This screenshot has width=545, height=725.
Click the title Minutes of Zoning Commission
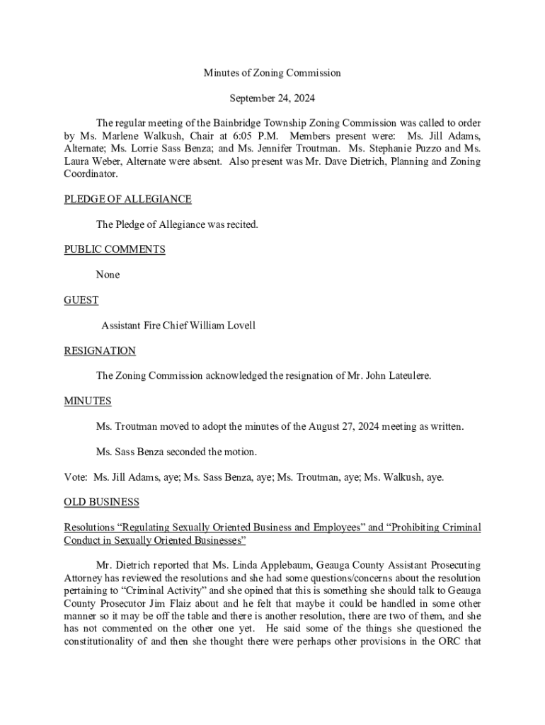(x=272, y=73)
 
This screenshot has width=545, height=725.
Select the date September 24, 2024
(x=272, y=98)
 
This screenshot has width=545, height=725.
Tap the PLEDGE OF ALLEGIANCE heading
(x=127, y=199)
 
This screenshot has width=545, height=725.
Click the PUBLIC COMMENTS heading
(x=115, y=249)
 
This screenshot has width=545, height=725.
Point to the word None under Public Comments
(x=108, y=275)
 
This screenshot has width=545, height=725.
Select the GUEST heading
(x=81, y=300)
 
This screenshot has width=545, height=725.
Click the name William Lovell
(x=220, y=326)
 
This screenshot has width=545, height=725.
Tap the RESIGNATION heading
(x=100, y=350)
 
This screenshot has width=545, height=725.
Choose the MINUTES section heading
(x=88, y=401)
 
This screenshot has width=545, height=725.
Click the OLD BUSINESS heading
(x=102, y=502)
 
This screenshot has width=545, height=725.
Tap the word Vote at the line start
(x=76, y=477)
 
